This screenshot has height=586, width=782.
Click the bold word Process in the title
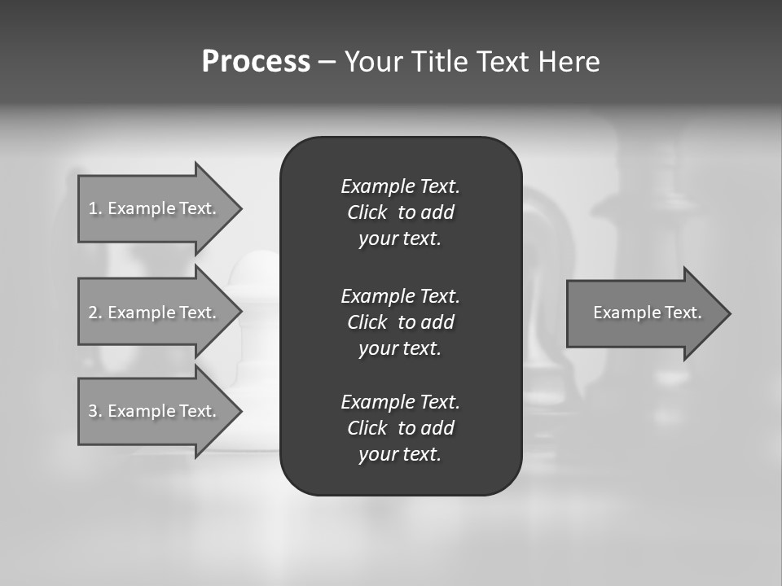click(x=256, y=62)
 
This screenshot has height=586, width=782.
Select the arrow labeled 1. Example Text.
click(x=155, y=208)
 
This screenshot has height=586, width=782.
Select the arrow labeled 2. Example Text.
click(x=155, y=313)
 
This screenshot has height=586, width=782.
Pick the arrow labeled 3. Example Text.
click(x=155, y=411)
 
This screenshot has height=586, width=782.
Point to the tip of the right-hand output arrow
click(x=728, y=313)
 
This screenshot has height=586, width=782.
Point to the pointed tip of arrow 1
click(x=239, y=208)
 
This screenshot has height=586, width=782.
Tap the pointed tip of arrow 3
click(x=239, y=411)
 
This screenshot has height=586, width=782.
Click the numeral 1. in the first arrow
click(x=94, y=208)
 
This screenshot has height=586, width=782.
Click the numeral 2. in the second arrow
click(x=94, y=313)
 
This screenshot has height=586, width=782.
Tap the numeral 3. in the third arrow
click(x=94, y=411)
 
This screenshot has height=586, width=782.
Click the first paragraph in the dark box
click(x=400, y=212)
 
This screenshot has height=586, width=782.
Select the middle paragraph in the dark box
click(x=400, y=322)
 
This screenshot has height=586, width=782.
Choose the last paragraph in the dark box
click(x=400, y=428)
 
